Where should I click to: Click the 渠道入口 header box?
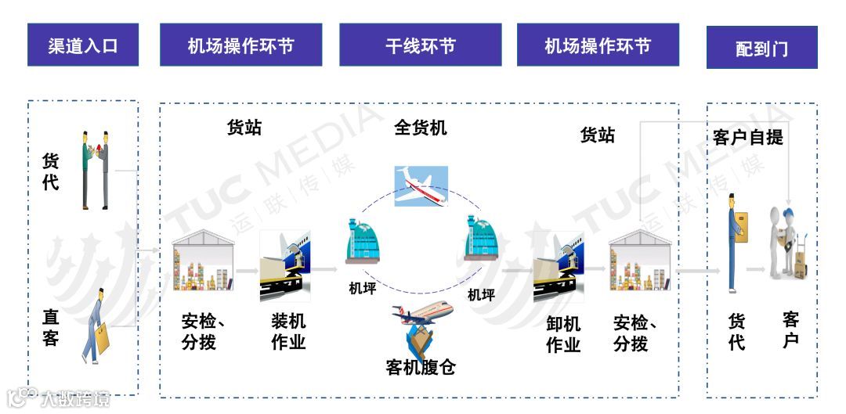(x=83, y=45)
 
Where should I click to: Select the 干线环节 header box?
(x=421, y=45)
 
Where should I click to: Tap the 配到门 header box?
(x=761, y=49)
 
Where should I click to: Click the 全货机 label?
(x=421, y=128)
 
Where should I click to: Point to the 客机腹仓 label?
(x=421, y=366)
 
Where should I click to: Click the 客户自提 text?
(x=747, y=138)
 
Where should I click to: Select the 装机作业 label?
(x=288, y=332)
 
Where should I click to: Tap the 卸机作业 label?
(x=563, y=333)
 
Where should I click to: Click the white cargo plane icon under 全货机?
(x=421, y=185)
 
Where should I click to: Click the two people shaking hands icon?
(x=96, y=169)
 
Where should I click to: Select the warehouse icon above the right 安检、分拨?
(x=639, y=261)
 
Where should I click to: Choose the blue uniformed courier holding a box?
(x=735, y=243)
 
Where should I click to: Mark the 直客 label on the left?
(x=51, y=327)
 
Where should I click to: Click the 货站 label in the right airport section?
(x=597, y=135)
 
